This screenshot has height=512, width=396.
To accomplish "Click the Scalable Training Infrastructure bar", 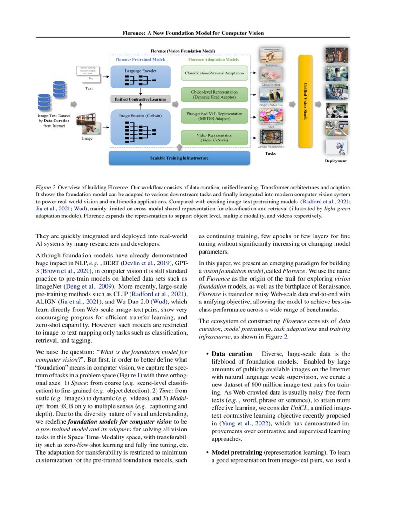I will [x=179, y=158].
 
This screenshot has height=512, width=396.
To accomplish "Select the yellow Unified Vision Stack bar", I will [x=305, y=101].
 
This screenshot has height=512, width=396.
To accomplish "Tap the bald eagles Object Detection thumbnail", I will [x=269, y=94].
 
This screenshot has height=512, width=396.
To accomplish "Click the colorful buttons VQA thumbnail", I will [x=269, y=116].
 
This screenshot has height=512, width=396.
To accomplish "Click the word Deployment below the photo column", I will [x=336, y=161].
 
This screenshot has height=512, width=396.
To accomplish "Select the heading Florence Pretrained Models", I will [x=140, y=60].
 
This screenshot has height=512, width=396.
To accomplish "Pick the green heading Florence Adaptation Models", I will [x=213, y=60].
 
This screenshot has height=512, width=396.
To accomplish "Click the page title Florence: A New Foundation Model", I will [x=193, y=33].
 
